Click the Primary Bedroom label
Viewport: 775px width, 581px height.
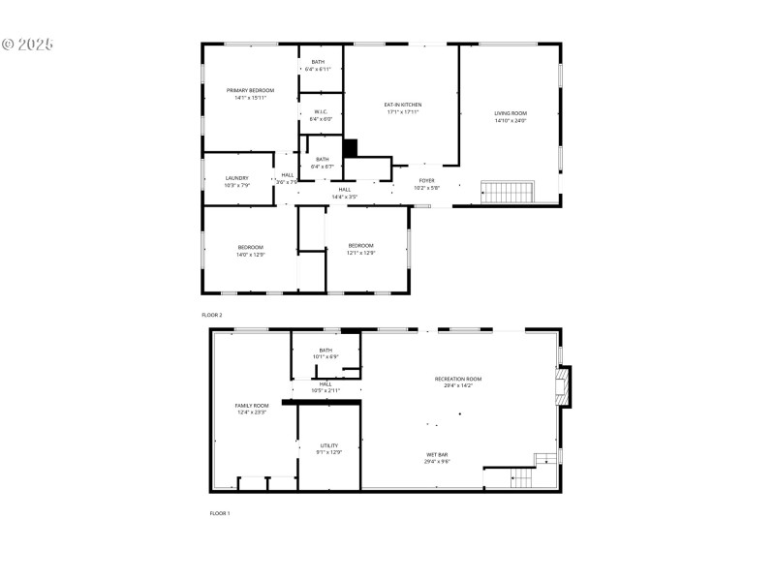(x=250, y=94)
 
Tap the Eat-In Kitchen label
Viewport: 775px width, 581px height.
(x=403, y=108)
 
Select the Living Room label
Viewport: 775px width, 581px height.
(x=511, y=117)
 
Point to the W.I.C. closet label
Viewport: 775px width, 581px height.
(x=321, y=115)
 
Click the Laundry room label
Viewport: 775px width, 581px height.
(x=237, y=181)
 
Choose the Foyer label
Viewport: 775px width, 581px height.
(x=426, y=184)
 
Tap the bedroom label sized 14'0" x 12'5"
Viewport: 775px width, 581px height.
(x=251, y=251)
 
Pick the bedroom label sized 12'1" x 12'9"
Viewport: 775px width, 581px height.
(x=361, y=249)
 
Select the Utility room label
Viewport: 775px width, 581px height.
(x=329, y=448)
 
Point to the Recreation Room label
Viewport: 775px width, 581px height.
(x=458, y=382)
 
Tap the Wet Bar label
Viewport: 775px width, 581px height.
(x=437, y=457)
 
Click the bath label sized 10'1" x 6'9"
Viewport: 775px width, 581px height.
(x=325, y=353)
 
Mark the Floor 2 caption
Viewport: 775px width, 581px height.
(x=212, y=316)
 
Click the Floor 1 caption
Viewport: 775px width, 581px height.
(x=220, y=513)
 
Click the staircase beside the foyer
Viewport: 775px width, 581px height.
(x=509, y=192)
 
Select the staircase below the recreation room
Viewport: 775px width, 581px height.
(x=522, y=477)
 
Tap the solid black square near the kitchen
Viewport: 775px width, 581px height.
(x=351, y=147)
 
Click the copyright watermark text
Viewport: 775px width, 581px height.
(x=28, y=45)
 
